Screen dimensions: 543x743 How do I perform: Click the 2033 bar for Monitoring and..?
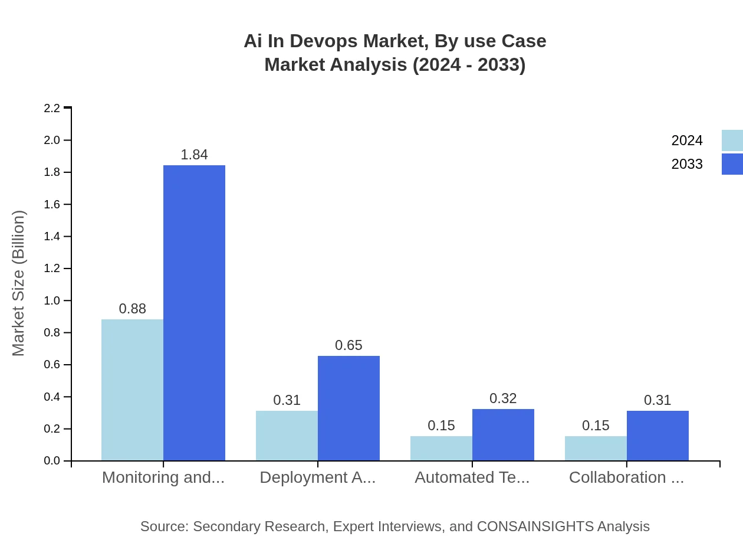[x=194, y=313]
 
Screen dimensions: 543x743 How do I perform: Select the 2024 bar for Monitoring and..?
[x=132, y=390]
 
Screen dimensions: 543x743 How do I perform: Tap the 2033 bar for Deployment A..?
[x=349, y=408]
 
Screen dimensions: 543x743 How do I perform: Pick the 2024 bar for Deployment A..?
[x=287, y=436]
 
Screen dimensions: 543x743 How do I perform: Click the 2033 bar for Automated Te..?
[x=503, y=434]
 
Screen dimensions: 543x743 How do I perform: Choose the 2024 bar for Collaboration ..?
[x=596, y=448]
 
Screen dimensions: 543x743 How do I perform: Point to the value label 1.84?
[x=194, y=155]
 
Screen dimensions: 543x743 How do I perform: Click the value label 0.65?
[x=349, y=345]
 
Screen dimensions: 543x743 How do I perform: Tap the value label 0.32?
[x=503, y=398]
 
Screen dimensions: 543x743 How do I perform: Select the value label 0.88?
[x=132, y=309]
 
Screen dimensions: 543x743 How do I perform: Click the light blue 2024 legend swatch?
[x=732, y=140]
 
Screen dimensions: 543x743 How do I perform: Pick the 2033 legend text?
[x=687, y=164]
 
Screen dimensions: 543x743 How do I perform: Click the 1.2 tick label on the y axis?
[x=52, y=269]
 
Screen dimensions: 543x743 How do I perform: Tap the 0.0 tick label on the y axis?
[x=52, y=461]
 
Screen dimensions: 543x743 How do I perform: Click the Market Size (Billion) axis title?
[x=18, y=283]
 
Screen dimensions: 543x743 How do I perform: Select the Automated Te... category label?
[x=472, y=477]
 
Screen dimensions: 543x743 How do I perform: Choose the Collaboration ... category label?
[x=626, y=477]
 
